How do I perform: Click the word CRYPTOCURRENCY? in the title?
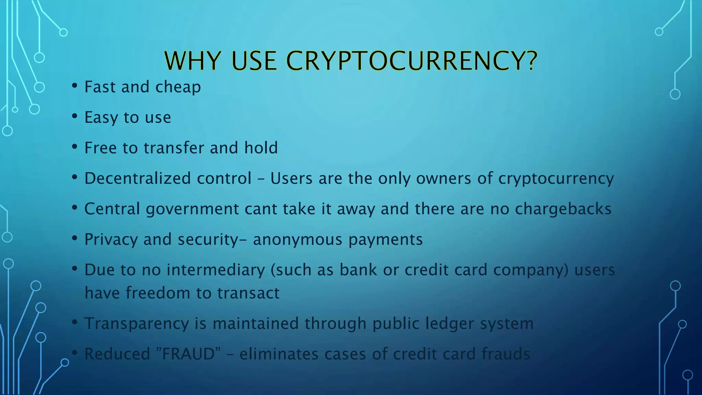point(411,61)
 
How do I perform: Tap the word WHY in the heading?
point(192,61)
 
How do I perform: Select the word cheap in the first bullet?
point(178,87)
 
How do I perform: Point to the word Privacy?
point(111,239)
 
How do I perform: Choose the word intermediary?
point(216,270)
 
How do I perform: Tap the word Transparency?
point(136,324)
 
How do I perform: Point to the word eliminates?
point(279,354)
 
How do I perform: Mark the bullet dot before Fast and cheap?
point(74,86)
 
